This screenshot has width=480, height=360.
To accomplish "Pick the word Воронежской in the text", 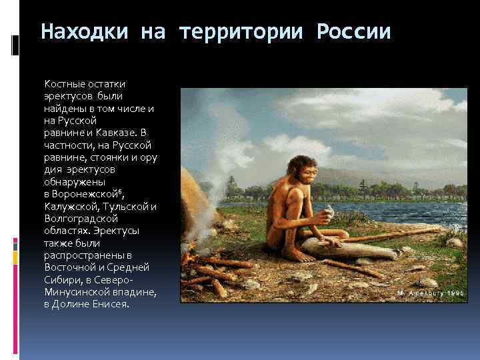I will tap(87, 194).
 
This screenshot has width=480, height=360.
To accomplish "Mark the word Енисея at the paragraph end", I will tap(111, 304).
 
